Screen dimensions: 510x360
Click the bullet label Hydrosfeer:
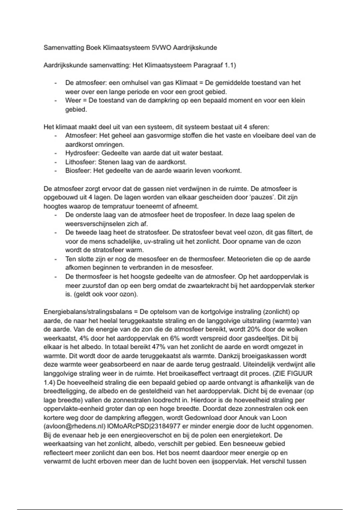(82, 153)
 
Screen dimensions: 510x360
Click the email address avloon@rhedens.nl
(75, 426)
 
